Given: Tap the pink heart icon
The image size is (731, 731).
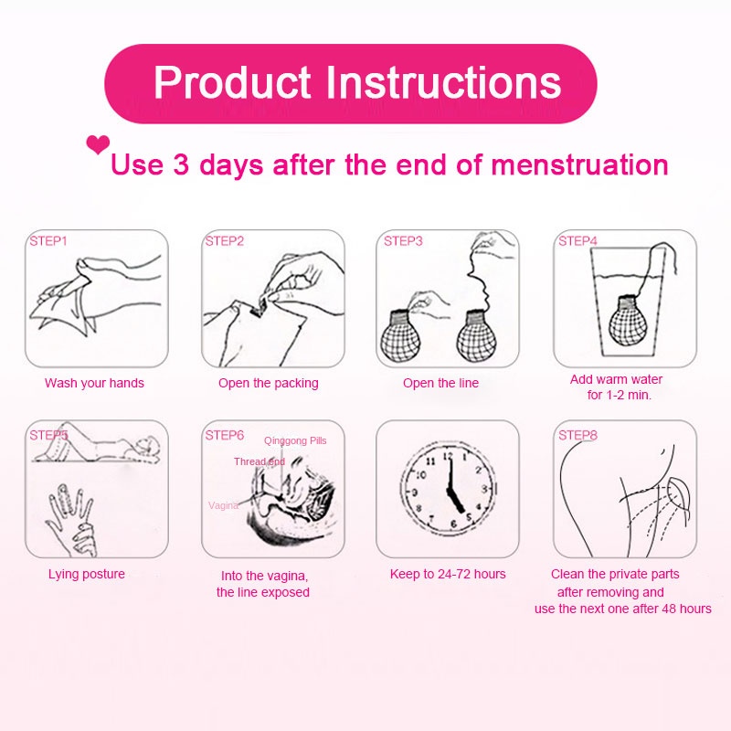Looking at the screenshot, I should (98, 144).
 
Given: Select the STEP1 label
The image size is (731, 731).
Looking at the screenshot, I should (48, 241).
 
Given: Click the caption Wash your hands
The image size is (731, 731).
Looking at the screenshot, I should (94, 383).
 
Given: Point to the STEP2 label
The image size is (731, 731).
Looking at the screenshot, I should (225, 241).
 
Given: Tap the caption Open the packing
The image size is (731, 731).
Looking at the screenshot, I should (269, 383).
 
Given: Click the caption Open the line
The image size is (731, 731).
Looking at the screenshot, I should (441, 383).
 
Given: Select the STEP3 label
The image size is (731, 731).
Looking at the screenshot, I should (403, 241).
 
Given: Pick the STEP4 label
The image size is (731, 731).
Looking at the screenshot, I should (577, 241).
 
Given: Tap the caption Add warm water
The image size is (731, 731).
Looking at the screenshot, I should (617, 379).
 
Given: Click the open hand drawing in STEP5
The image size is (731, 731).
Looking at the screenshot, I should (72, 516).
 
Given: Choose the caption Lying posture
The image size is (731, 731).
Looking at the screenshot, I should (87, 574).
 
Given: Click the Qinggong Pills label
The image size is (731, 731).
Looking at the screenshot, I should (295, 440).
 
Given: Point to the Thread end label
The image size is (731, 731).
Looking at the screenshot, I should (260, 461).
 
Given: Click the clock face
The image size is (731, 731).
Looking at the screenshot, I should (447, 489).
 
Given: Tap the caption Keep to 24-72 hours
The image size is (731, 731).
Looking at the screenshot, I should (448, 574).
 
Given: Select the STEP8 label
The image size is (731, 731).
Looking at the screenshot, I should (577, 435).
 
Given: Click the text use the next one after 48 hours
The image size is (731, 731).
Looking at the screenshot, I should (623, 609).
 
